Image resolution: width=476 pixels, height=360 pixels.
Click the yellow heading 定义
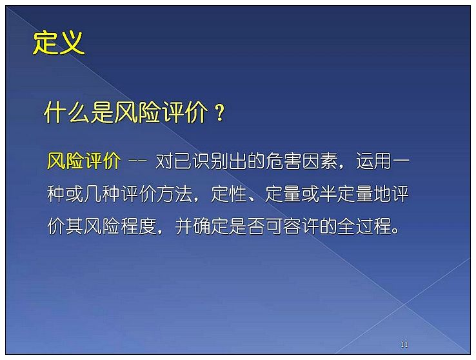coord(58,43)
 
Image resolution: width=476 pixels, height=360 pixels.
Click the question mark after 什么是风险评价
coord(219,113)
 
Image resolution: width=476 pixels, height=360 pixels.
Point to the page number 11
coord(404,345)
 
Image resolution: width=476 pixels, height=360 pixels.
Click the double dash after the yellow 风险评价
coord(138,161)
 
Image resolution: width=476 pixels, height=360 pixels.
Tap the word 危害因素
coord(302,161)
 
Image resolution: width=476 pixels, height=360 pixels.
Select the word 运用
coord(374,161)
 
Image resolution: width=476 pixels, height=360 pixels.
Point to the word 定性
coord(229,194)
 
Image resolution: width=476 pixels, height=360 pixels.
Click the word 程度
coord(139,226)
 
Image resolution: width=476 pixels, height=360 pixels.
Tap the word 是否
coord(247,226)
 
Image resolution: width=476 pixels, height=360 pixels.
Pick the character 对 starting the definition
coord(164,161)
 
